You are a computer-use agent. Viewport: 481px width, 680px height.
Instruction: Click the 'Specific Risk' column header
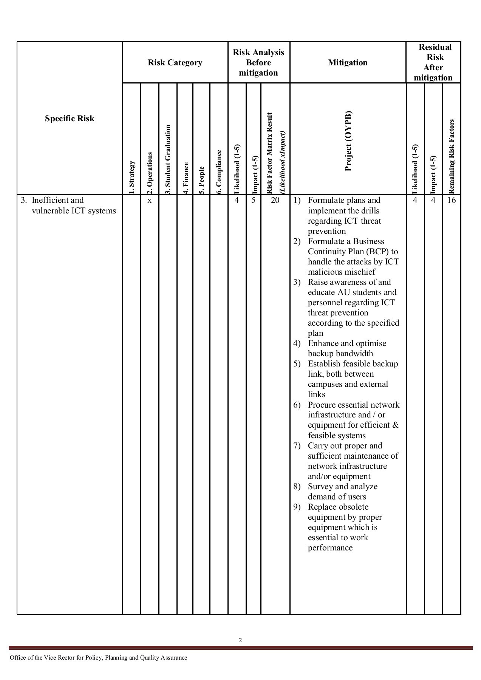[70, 119]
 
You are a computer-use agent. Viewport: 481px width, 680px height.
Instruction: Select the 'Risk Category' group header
[175, 63]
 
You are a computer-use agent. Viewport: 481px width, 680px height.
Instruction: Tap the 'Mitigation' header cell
[348, 63]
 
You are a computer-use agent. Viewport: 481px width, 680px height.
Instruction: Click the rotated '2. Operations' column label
[150, 173]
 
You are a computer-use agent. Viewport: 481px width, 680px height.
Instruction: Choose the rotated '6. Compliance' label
[219, 172]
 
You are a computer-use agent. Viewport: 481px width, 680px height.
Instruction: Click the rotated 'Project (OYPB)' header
[348, 141]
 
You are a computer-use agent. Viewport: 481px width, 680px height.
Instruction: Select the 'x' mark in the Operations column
[150, 201]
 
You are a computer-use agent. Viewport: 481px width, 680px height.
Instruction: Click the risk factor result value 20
[275, 200]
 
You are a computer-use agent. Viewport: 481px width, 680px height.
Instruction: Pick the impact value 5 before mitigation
[254, 200]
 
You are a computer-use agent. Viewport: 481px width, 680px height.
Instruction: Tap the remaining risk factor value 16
[452, 200]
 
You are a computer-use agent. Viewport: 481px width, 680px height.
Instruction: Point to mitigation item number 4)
[297, 343]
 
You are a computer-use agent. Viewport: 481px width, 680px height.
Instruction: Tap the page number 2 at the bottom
[240, 640]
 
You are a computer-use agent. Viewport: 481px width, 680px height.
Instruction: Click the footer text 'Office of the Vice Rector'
[42, 658]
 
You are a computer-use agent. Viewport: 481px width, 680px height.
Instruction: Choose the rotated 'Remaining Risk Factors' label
[452, 156]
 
